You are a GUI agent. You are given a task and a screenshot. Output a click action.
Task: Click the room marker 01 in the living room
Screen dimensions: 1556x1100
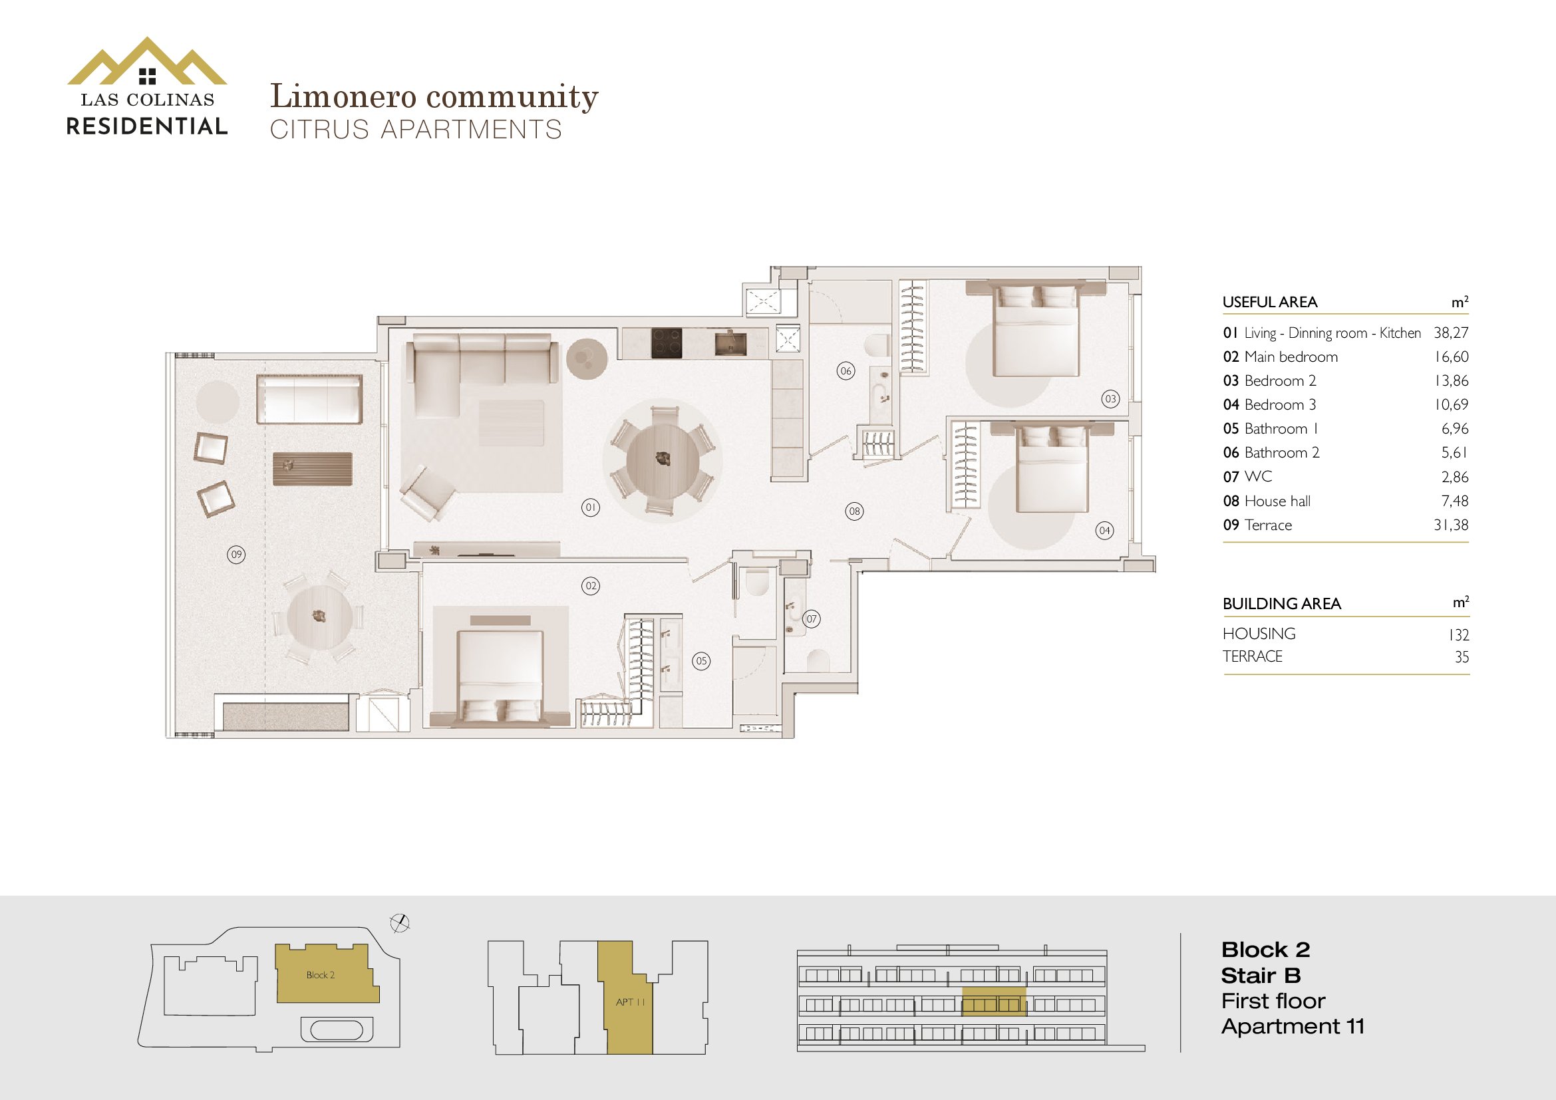[x=590, y=507]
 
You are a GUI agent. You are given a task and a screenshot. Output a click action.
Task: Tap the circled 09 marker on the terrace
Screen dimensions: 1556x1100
[x=236, y=555]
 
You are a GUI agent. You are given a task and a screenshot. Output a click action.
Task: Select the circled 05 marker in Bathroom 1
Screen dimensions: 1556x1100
[x=701, y=661]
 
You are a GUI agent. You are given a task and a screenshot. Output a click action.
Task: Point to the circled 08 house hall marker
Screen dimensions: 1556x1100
[x=855, y=511]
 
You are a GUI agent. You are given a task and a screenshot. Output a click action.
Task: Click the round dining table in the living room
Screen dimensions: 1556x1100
[x=663, y=460]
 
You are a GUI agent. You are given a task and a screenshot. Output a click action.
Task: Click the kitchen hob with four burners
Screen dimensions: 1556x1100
[x=667, y=343]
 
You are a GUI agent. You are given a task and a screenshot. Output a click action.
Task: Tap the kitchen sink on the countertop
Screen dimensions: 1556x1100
[x=730, y=343]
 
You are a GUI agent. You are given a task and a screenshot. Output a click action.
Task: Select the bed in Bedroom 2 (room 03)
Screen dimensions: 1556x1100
[x=1036, y=329]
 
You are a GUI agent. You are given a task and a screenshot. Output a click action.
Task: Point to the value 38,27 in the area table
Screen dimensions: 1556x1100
[x=1451, y=333]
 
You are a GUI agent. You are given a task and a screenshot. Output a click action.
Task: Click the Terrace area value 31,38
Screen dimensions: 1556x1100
[x=1451, y=525]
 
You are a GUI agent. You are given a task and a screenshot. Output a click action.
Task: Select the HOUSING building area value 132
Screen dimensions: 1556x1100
[x=1458, y=634]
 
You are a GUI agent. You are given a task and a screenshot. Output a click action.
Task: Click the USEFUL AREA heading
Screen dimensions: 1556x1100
[x=1270, y=302]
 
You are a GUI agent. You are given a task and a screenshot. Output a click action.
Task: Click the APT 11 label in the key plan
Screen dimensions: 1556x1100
[x=630, y=1002]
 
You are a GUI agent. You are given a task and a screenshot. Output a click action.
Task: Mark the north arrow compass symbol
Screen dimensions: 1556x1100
[x=400, y=922]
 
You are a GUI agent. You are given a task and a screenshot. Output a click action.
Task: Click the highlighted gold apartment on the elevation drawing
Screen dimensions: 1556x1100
[x=993, y=1002]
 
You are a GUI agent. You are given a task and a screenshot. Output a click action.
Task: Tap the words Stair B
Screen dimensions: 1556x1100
[x=1261, y=976]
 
